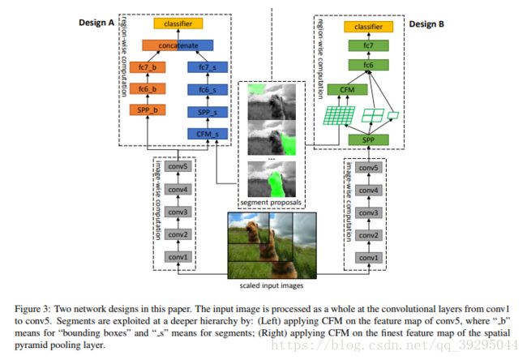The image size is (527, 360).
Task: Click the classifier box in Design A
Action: tap(178, 24)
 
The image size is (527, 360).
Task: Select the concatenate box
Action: tap(178, 45)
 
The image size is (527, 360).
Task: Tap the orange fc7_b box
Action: tap(148, 67)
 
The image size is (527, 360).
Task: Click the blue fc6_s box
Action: tap(208, 90)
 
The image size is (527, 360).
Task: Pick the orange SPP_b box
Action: tap(148, 110)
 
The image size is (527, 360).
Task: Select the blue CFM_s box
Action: tap(208, 134)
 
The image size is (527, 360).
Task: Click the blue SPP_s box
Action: tap(208, 112)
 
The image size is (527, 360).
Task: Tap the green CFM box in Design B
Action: tap(347, 90)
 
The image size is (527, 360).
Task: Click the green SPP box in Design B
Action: tap(368, 139)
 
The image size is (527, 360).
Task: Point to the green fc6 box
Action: tap(368, 65)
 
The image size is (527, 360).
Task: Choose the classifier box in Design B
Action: tap(368, 27)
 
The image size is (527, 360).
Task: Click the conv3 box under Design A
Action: tap(178, 212)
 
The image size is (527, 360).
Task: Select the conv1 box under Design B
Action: tap(368, 258)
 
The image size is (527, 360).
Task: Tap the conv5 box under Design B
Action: tap(368, 168)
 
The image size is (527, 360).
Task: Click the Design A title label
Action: tap(96, 23)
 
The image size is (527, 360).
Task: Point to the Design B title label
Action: tap(426, 24)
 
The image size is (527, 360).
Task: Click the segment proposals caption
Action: tap(271, 203)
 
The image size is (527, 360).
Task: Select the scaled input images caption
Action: tap(272, 285)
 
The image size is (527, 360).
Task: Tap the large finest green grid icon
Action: tap(339, 116)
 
